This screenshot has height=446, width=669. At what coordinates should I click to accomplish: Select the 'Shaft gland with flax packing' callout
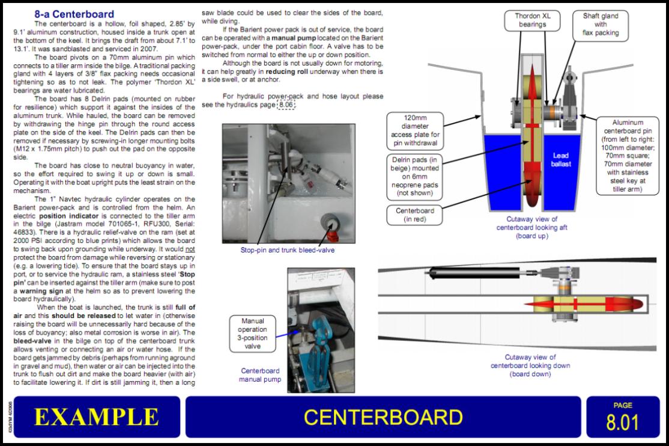(601, 24)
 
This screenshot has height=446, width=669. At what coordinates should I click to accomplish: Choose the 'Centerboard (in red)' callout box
(415, 215)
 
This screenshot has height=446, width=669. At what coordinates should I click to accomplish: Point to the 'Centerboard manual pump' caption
(259, 375)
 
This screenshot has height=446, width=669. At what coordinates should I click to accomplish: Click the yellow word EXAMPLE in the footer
(96, 417)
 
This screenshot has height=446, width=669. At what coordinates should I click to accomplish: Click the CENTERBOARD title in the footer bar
(383, 417)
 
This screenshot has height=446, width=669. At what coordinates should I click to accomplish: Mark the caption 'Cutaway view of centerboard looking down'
(530, 365)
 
